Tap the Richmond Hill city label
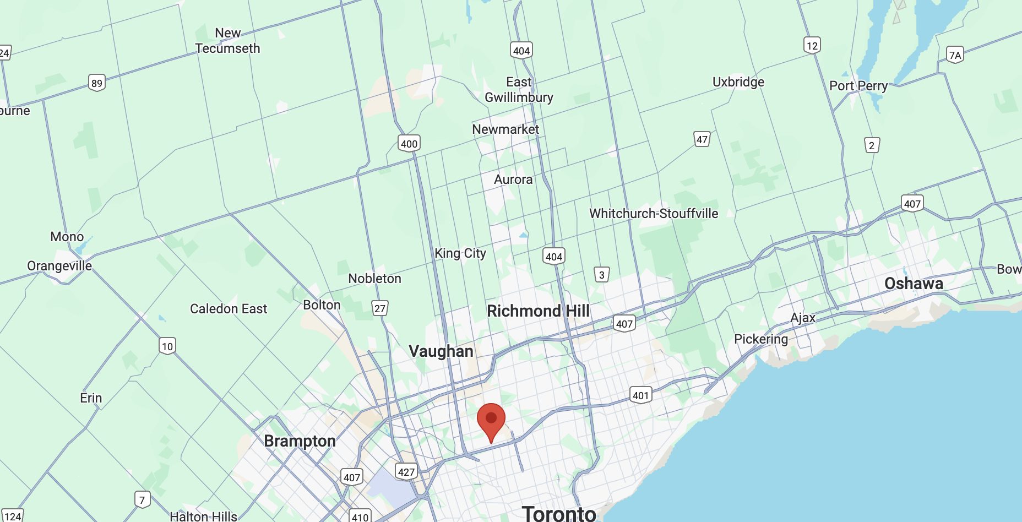[538, 311]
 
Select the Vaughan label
[441, 351]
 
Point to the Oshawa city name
[914, 284]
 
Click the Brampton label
[300, 441]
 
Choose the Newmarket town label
[505, 129]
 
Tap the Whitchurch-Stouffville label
[654, 214]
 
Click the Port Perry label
[858, 86]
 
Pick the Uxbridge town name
[738, 82]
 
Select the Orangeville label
[59, 266]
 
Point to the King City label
[460, 253]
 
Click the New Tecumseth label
[228, 41]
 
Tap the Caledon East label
[229, 309]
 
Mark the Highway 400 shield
[409, 144]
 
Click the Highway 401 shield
[640, 395]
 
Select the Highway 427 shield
[406, 472]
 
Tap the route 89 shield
[97, 83]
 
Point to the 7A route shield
[955, 55]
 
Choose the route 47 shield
[702, 139]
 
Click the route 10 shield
[167, 346]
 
